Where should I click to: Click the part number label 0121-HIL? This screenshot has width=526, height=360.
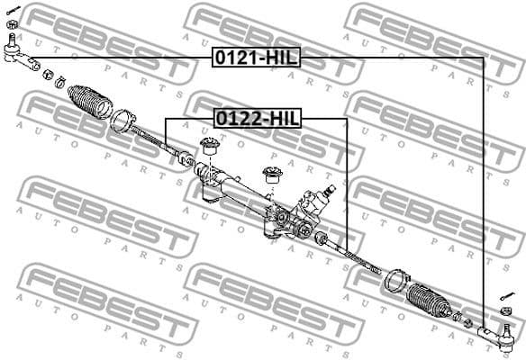click(x=255, y=58)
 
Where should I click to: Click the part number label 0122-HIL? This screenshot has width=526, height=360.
click(x=257, y=118)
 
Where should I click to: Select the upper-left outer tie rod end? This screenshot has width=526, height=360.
click(x=20, y=58)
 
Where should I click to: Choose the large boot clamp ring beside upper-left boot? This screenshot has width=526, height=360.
click(x=123, y=119)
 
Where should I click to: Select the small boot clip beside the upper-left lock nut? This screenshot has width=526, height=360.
click(x=60, y=84)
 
